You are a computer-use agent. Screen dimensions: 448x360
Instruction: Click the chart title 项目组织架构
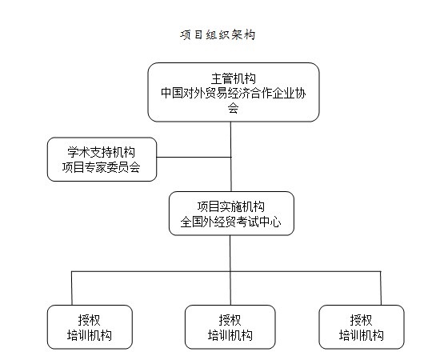[218, 35]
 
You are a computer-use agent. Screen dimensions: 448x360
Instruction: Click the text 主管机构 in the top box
[233, 78]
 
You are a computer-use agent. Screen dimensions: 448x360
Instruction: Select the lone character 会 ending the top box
[233, 108]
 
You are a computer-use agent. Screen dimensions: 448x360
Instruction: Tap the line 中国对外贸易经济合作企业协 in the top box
[233, 93]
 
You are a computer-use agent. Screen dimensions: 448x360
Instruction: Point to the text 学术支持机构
[101, 152]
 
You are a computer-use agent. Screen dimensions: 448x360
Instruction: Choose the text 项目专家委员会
[101, 167]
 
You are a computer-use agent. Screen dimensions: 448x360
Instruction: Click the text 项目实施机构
[231, 206]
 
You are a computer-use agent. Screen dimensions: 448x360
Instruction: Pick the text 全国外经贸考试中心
[231, 222]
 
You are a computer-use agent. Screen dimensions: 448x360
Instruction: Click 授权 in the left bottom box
[89, 320]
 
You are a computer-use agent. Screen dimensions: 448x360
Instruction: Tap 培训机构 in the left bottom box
[89, 335]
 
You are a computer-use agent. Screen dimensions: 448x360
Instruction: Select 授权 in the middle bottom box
[230, 320]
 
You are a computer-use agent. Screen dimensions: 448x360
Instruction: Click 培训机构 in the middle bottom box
[230, 335]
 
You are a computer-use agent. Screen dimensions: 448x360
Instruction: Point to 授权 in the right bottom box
[361, 320]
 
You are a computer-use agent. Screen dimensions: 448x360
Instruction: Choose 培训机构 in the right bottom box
[361, 335]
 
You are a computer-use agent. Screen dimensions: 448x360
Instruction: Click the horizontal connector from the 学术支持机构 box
[194, 157]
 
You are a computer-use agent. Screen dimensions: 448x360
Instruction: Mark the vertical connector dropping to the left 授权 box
[72, 288]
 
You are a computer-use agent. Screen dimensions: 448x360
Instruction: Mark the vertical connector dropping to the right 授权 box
[381, 288]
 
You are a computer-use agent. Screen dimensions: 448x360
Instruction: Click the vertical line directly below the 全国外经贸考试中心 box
[230, 270]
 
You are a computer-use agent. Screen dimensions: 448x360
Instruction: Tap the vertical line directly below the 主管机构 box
[231, 157]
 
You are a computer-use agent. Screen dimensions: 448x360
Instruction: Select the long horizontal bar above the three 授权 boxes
[226, 271]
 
